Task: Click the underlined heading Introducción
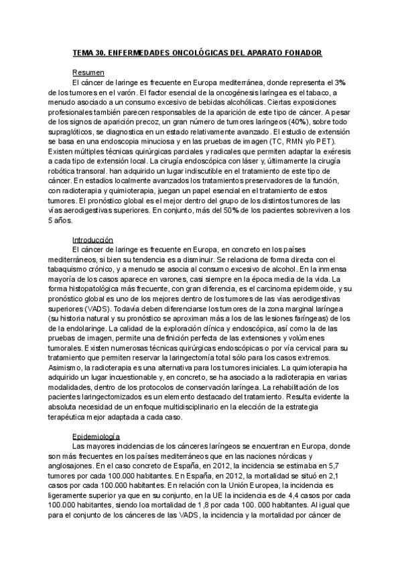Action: [x=92, y=240]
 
